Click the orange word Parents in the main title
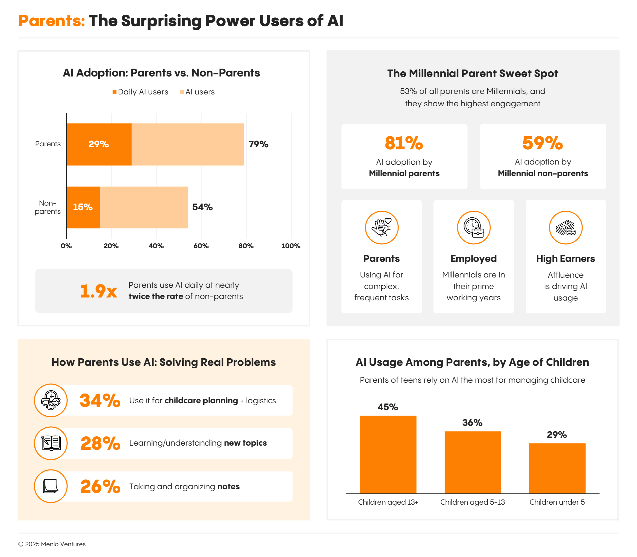pos(51,21)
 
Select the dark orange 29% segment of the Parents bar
pos(99,144)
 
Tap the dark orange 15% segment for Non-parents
pos(83,207)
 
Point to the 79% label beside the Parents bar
pos(258,144)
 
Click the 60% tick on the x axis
pos(201,246)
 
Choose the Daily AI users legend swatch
pos(114,92)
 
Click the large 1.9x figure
pos(98,291)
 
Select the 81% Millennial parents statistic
pos(404,143)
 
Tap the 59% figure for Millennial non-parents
pos(543,143)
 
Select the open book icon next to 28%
pos(51,443)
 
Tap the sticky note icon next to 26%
pos(51,486)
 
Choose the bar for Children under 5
pos(557,468)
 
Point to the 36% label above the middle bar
pos(472,423)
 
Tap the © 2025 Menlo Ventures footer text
pos(52,544)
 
